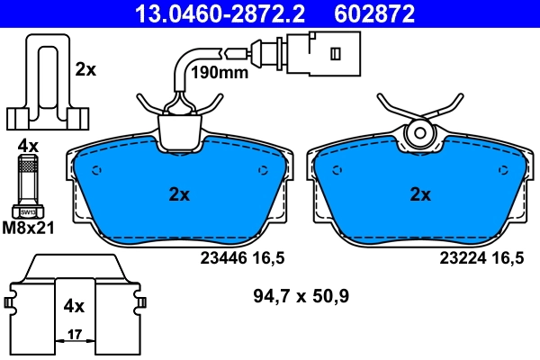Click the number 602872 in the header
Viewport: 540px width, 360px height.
377,13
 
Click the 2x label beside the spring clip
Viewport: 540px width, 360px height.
85,68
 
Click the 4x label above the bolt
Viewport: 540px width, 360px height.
27,145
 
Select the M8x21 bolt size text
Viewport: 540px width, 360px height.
29,228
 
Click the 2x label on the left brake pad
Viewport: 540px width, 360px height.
179,193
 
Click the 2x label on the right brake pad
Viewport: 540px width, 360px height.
419,193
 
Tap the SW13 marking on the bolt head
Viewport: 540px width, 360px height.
29,212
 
